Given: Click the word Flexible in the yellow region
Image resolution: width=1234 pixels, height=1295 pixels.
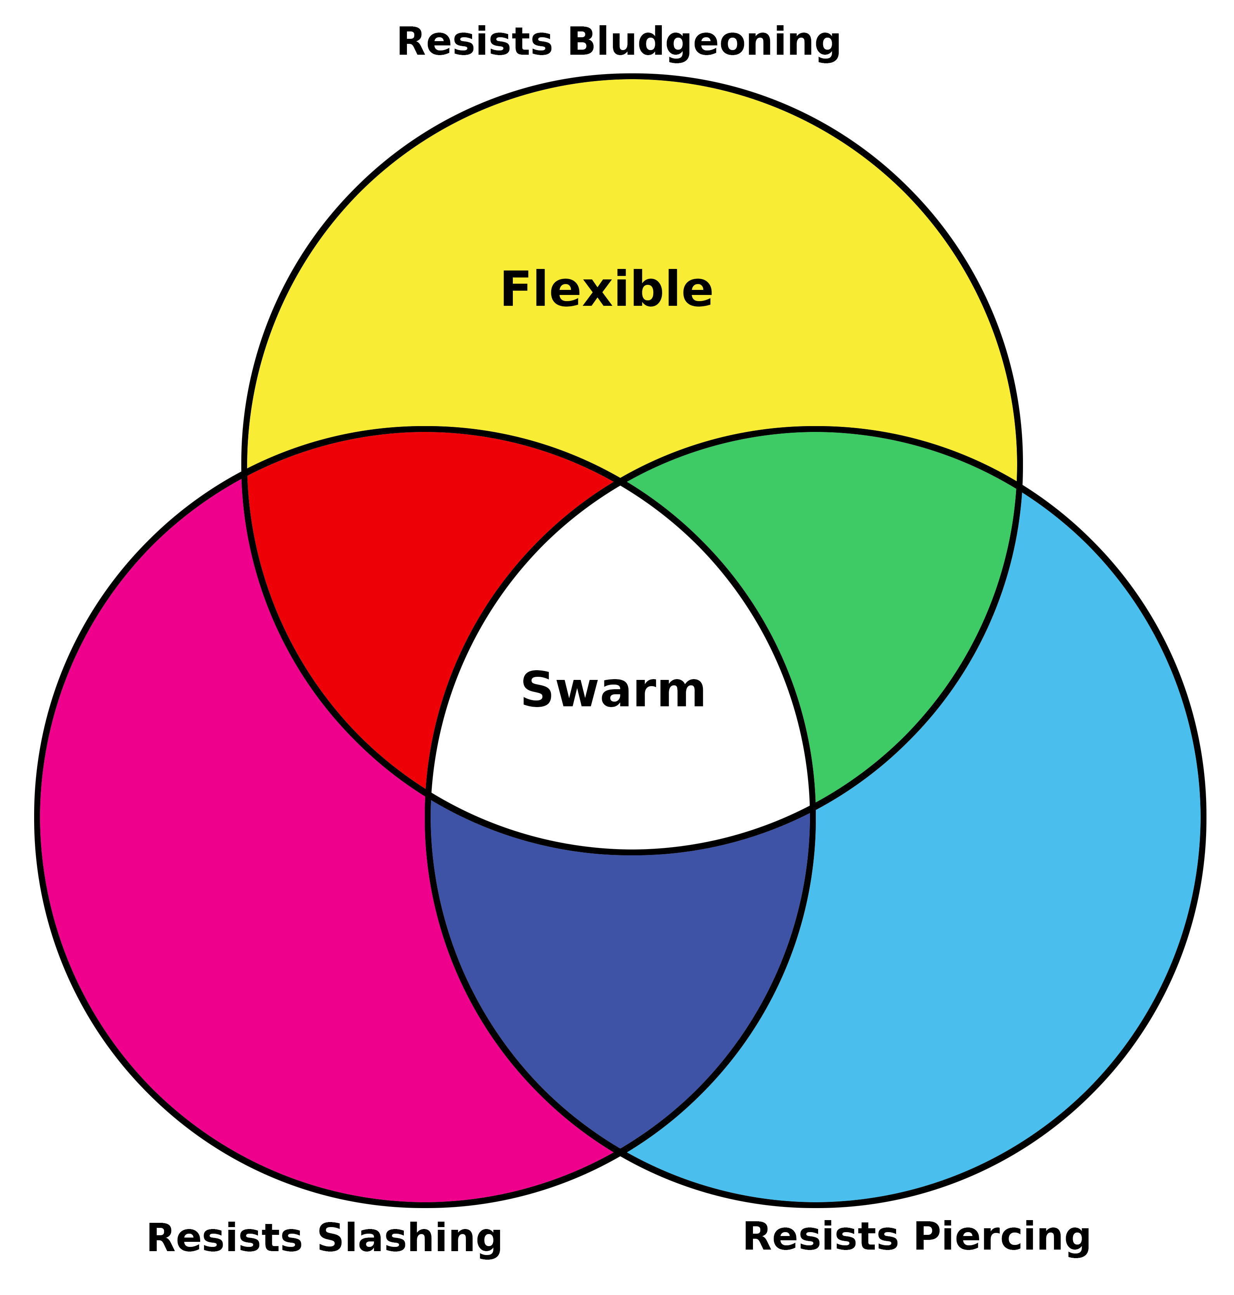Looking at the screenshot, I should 606,291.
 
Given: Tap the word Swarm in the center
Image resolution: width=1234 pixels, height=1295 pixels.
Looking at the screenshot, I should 613,691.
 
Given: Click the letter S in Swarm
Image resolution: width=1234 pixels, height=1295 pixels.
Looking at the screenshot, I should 536,691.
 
